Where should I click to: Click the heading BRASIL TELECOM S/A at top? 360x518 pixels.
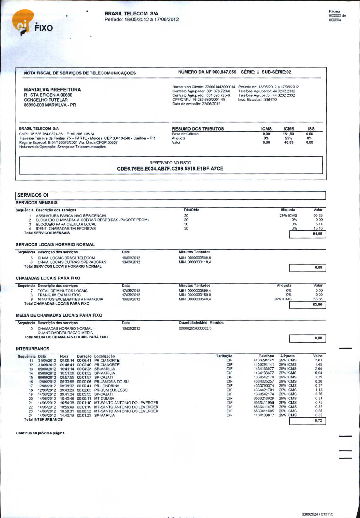(x=131, y=13)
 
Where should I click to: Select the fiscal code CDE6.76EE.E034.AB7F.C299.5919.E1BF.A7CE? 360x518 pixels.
(x=170, y=168)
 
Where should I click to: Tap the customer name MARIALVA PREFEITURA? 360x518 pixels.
(x=52, y=90)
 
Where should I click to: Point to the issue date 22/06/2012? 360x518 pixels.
(x=211, y=104)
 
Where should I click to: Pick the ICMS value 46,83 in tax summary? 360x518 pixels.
(x=289, y=142)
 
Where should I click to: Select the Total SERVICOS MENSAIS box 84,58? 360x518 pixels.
(x=307, y=234)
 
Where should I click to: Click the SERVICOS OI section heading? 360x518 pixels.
(x=33, y=195)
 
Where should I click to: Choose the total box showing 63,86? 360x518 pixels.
(x=307, y=305)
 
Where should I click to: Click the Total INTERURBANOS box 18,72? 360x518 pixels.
(x=307, y=421)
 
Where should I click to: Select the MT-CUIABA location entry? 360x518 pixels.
(x=104, y=399)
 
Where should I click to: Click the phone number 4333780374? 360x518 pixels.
(x=264, y=386)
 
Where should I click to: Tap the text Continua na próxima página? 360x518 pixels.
(x=40, y=433)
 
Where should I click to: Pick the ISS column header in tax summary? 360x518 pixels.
(x=311, y=129)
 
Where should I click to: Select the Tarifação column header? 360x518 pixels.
(x=224, y=356)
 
